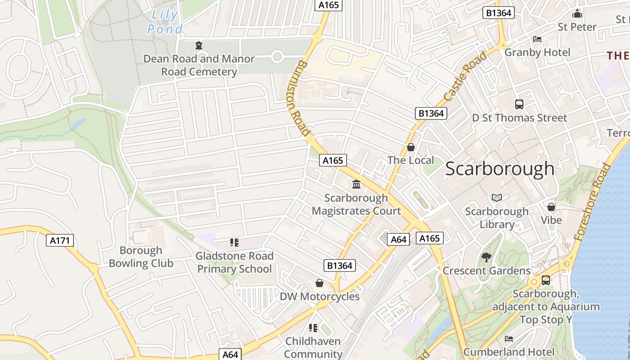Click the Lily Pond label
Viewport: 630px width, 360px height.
(x=165, y=22)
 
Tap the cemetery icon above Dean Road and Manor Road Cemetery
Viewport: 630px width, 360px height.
(x=198, y=45)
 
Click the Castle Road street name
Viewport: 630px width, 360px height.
(x=465, y=76)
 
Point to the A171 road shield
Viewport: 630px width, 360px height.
(x=60, y=241)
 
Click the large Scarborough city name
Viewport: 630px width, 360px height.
(x=500, y=169)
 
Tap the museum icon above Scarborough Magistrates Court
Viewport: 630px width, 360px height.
(x=356, y=184)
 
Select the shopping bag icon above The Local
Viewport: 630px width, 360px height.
(x=411, y=147)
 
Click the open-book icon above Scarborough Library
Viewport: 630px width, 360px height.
(x=497, y=198)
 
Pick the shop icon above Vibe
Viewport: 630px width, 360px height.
(x=551, y=207)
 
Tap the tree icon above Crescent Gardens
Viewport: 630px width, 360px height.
(x=486, y=257)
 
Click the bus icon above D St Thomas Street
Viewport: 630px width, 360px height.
(x=519, y=104)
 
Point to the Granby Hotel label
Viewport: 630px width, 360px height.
(x=537, y=52)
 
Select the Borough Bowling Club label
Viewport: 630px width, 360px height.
(x=141, y=257)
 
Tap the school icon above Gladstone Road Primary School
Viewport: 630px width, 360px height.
(x=234, y=243)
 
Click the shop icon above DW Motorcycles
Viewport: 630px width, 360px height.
(x=319, y=283)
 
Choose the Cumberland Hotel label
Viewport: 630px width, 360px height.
(x=509, y=351)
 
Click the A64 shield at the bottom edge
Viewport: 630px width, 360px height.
(x=230, y=355)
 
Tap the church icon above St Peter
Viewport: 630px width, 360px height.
(x=577, y=13)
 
